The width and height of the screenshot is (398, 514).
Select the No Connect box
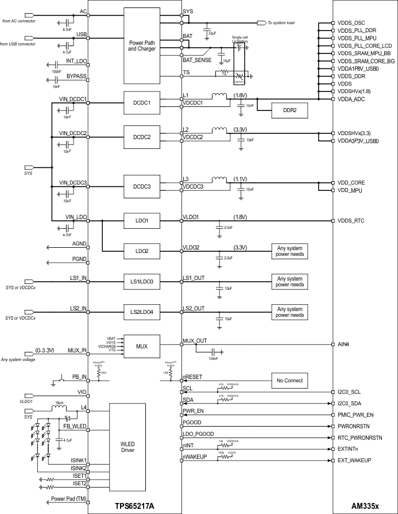click(289, 380)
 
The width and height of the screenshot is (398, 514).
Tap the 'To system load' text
click(281, 23)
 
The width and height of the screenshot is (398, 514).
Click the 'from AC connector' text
click(18, 21)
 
